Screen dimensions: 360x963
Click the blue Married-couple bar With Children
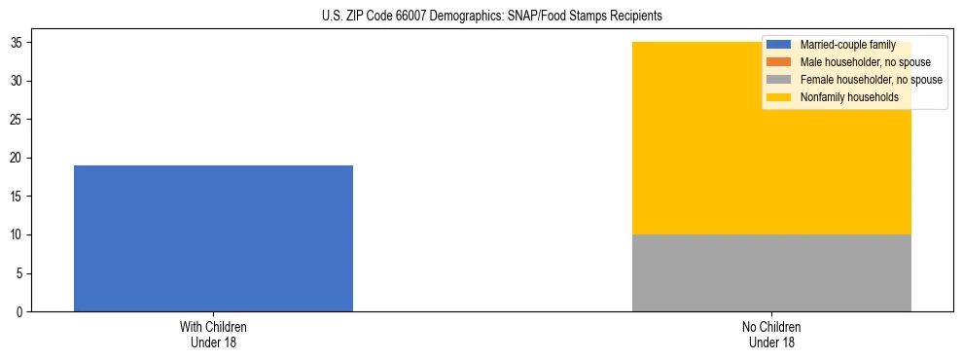tap(213, 238)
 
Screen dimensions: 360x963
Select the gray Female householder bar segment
tap(771, 273)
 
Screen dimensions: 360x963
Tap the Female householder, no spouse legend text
tap(871, 80)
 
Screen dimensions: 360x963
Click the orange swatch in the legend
tap(779, 62)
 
